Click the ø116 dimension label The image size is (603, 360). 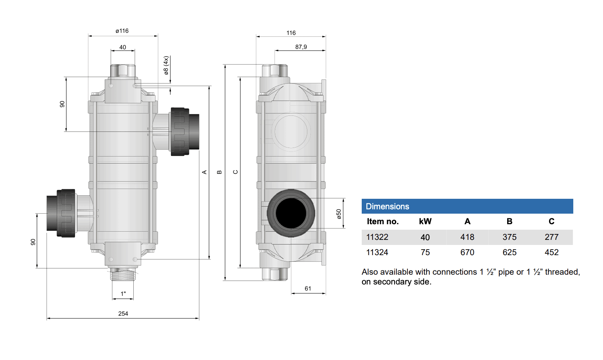(x=122, y=31)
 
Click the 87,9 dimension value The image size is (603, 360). (x=301, y=47)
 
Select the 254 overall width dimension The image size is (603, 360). (x=123, y=313)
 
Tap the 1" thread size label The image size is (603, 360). (x=123, y=293)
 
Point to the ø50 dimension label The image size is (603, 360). (x=339, y=214)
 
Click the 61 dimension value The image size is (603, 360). (x=308, y=288)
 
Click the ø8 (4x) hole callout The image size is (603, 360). (x=166, y=65)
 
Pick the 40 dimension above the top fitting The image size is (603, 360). (x=123, y=47)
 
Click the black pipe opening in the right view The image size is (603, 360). (x=291, y=213)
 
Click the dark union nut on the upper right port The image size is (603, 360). (x=179, y=132)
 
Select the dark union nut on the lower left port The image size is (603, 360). (x=66, y=213)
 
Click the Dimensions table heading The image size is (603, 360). (x=387, y=207)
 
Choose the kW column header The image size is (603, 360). (x=425, y=221)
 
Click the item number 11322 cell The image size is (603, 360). (x=377, y=237)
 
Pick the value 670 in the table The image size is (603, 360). (x=467, y=252)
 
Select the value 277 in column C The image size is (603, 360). (x=551, y=237)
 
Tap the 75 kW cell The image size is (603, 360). (x=425, y=252)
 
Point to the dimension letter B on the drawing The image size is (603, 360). (x=219, y=172)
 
